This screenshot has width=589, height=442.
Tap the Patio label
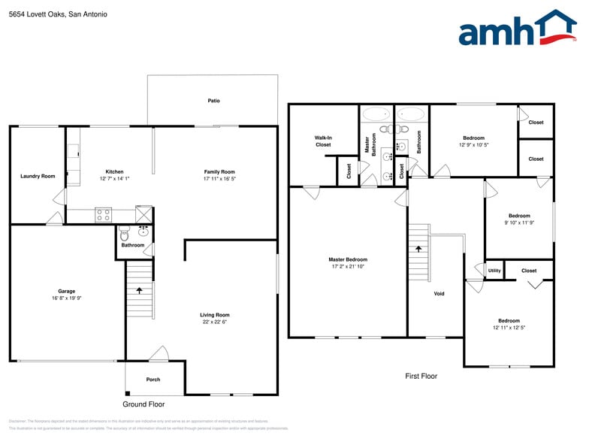214,101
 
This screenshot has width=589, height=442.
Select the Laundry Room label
38,177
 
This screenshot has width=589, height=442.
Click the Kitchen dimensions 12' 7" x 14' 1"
115,179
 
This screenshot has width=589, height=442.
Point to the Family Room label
219,171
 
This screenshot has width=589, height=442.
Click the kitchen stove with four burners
104,215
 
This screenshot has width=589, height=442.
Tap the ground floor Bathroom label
133,245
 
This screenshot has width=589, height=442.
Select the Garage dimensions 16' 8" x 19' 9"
67,298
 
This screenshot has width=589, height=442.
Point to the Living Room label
214,315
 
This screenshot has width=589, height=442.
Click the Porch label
153,380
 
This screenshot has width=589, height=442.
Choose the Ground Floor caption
143,404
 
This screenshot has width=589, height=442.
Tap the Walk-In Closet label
323,141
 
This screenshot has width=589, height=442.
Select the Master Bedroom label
348,259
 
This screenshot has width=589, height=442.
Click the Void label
439,294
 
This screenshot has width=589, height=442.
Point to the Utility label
494,271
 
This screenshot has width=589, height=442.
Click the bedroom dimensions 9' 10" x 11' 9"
519,223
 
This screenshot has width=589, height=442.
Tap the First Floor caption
421,376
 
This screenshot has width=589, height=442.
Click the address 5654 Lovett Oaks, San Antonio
59,14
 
